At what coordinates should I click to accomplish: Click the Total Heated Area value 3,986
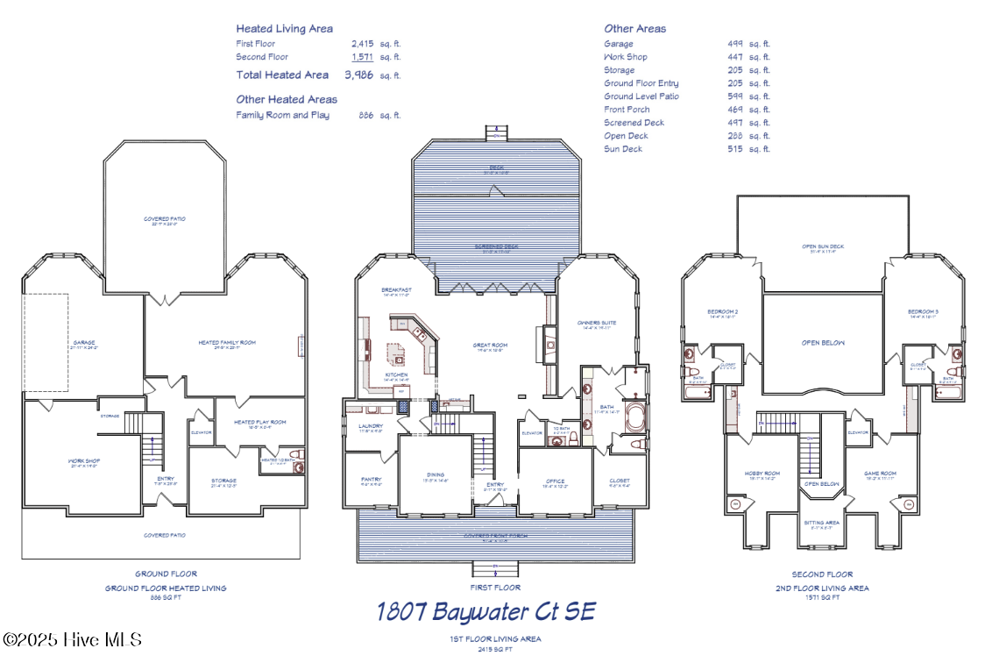(358, 75)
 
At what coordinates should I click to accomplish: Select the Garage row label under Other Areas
(619, 44)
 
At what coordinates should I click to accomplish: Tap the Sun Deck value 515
(734, 149)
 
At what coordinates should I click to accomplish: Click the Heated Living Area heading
(284, 29)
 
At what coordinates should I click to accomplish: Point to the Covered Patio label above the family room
(165, 219)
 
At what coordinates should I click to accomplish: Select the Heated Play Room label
(259, 423)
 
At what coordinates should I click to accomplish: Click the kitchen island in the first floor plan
(399, 357)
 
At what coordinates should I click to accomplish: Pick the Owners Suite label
(597, 323)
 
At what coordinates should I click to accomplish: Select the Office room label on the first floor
(555, 481)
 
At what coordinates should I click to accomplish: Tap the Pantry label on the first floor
(371, 480)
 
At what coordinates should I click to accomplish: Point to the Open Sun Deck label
(822, 246)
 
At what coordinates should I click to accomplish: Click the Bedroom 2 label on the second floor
(723, 312)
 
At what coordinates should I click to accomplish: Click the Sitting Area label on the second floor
(821, 522)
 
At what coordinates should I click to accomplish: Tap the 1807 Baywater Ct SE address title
(485, 611)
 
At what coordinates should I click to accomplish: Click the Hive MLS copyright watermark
(72, 640)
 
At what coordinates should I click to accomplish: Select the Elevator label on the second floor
(858, 432)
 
